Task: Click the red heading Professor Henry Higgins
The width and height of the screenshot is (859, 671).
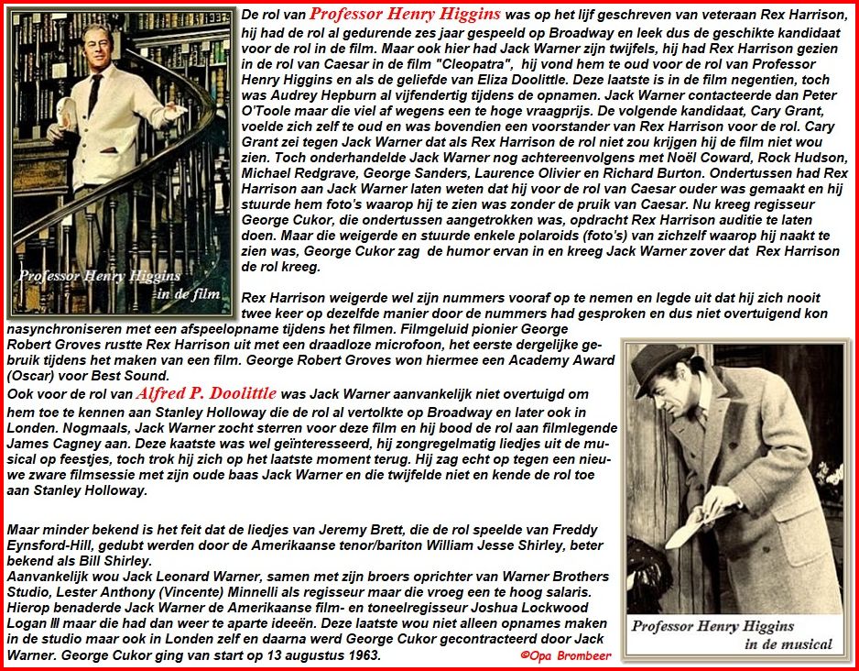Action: pyautogui.click(x=405, y=14)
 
